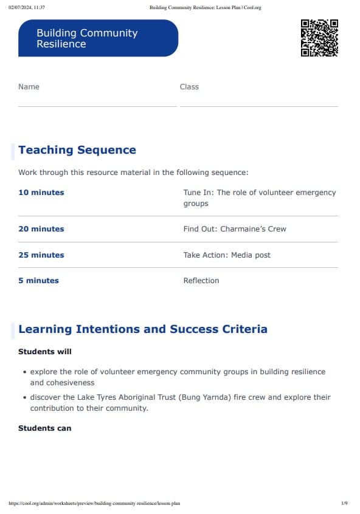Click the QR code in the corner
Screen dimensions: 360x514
pos(319,38)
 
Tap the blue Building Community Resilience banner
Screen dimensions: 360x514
pos(98,38)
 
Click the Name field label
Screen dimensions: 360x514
pos(29,87)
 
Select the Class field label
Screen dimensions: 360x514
pos(189,87)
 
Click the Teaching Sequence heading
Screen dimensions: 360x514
pos(77,150)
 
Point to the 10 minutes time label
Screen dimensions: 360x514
pos(41,193)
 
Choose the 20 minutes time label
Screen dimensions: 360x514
pos(41,229)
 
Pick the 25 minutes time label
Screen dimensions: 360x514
pos(41,255)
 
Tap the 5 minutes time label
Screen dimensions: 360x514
pos(38,281)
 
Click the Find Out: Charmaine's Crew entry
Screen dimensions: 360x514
pos(234,229)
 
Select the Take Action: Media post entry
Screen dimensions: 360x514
pos(227,255)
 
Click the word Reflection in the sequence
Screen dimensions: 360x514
pos(201,281)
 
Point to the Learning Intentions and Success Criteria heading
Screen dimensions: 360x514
pos(143,329)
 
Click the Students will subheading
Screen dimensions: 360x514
pos(44,352)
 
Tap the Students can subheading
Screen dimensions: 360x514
pos(44,428)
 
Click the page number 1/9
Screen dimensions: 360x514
pos(344,503)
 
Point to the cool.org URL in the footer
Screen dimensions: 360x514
pos(95,503)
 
